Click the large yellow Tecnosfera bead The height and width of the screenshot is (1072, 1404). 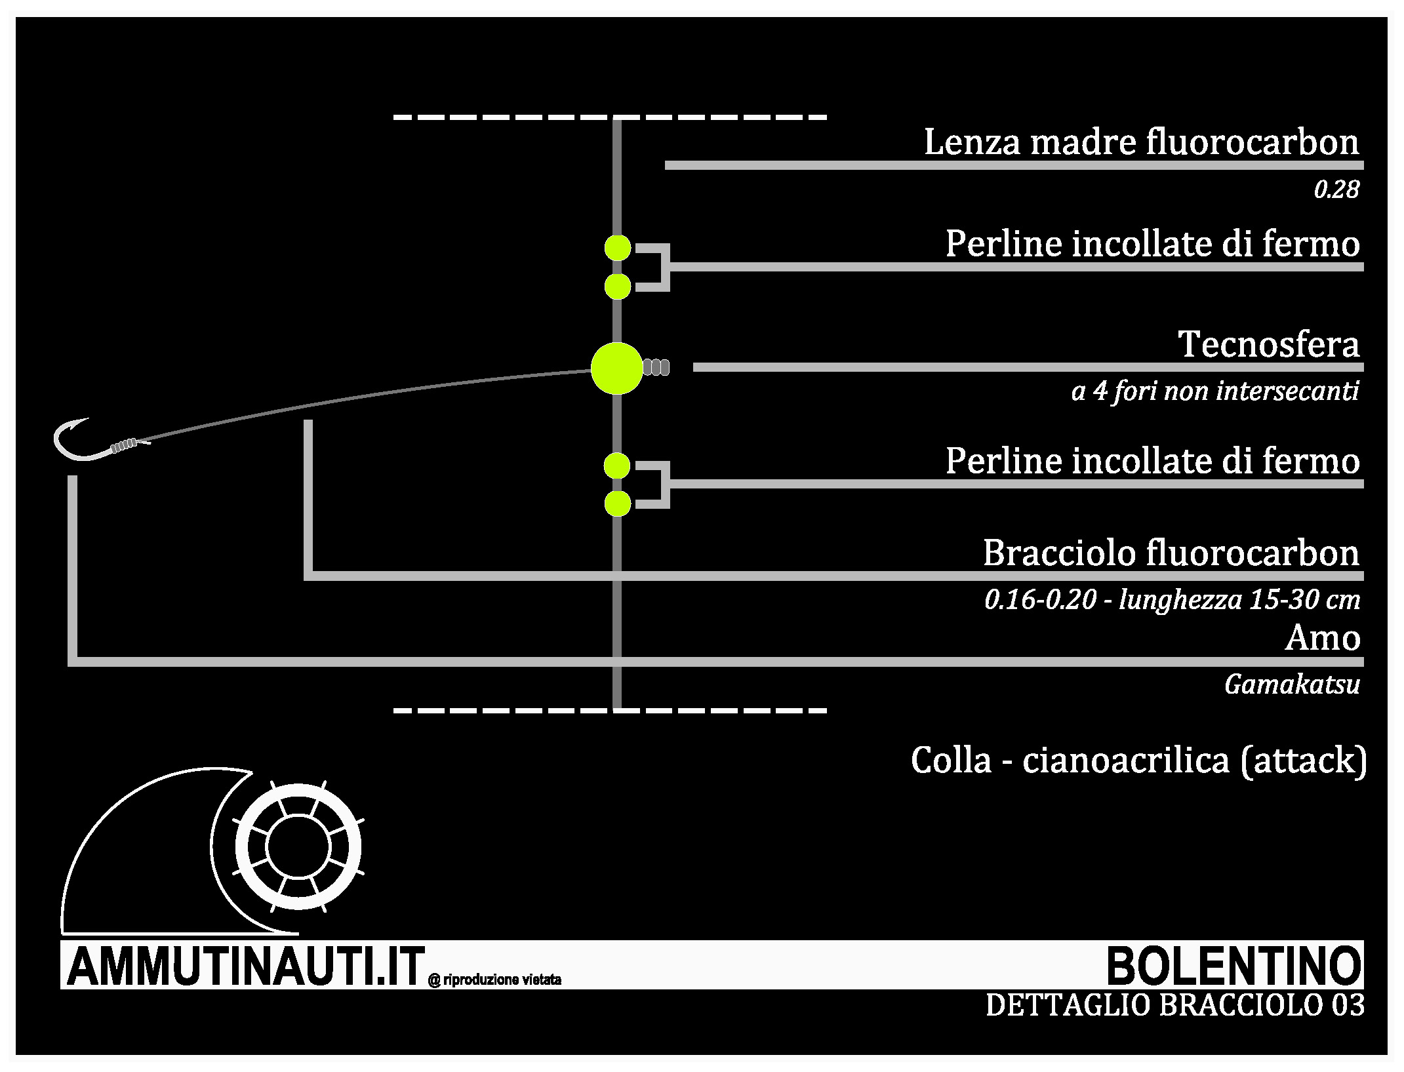click(x=616, y=368)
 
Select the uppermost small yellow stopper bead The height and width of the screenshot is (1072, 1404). click(x=618, y=248)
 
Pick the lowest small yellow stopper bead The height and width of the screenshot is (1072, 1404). click(x=618, y=504)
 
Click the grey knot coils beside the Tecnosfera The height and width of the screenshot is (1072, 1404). click(x=656, y=367)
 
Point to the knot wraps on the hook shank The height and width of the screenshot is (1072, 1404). click(x=125, y=446)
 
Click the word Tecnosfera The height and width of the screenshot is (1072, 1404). click(x=1269, y=344)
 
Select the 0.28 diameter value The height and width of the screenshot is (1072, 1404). click(x=1336, y=190)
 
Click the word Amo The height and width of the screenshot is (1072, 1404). click(x=1323, y=638)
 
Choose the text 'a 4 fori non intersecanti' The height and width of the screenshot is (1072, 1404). click(x=1215, y=391)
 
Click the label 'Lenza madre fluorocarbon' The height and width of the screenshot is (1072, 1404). click(x=1142, y=142)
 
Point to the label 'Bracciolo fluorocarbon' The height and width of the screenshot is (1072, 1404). click(x=1171, y=553)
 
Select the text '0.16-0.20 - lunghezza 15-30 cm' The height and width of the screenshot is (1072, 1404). click(x=1173, y=600)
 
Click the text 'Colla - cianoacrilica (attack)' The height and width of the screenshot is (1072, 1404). click(x=1139, y=761)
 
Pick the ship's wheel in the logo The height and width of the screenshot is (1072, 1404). click(x=299, y=846)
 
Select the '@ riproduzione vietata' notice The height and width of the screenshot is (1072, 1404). click(x=494, y=980)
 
